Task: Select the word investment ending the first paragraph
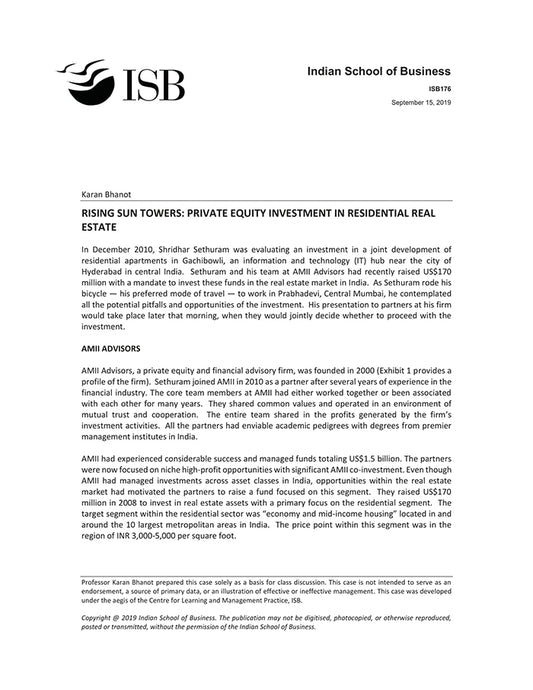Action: [104, 326]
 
